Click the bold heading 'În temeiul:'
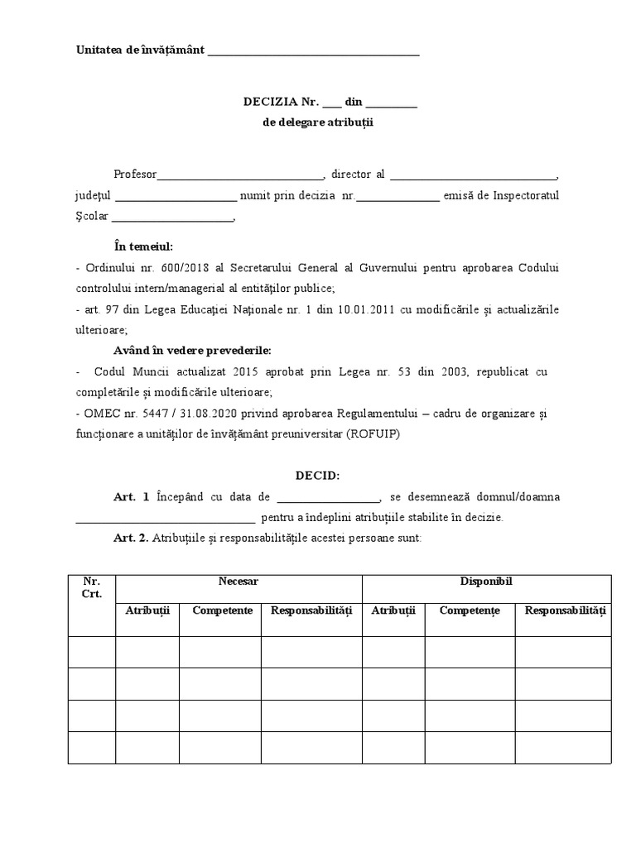[x=143, y=246]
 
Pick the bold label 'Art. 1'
[x=131, y=497]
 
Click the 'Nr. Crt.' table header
[x=91, y=588]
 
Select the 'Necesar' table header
[x=238, y=581]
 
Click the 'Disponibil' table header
[x=486, y=581]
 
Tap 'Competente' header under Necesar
[x=222, y=610]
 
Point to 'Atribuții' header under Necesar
[x=147, y=610]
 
